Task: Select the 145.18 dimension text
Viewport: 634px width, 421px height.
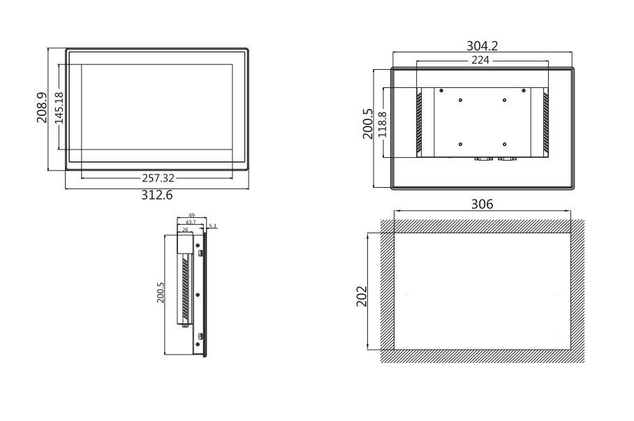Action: (x=59, y=108)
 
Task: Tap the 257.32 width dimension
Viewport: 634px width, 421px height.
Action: (x=158, y=178)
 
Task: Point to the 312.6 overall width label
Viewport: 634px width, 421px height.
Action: (x=157, y=195)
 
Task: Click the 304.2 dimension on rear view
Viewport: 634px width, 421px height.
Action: (x=482, y=46)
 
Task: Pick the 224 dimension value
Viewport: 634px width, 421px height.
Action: (x=482, y=61)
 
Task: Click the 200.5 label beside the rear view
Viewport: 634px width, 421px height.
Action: (x=368, y=123)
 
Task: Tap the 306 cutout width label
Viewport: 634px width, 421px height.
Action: (x=482, y=205)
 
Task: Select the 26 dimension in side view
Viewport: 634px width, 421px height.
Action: (x=185, y=228)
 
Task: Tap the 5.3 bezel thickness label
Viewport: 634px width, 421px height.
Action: (x=213, y=226)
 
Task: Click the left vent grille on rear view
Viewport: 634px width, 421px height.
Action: (x=420, y=123)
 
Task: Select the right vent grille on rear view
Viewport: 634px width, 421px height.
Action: (x=546, y=123)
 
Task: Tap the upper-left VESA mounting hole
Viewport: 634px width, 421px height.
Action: (x=461, y=100)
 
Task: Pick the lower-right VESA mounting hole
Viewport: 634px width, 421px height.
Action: (x=504, y=144)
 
